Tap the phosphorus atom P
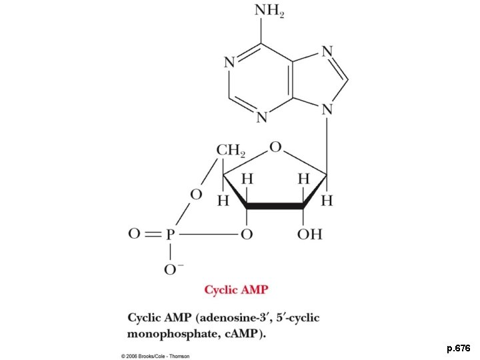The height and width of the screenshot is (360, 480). click(171, 235)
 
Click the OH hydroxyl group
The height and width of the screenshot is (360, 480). click(309, 235)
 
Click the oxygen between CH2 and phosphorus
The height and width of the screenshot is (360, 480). click(195, 194)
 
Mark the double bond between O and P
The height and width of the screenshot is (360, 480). click(152, 235)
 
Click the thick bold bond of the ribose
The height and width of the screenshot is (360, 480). click(275, 207)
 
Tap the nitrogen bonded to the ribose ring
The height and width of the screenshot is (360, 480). click(327, 109)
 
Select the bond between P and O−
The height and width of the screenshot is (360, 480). click(171, 251)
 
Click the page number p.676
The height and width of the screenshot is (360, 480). click(459, 348)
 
